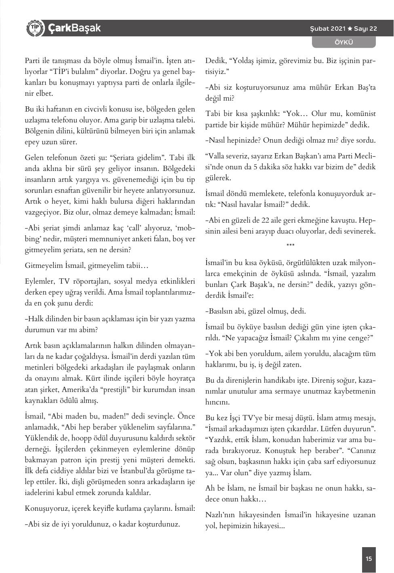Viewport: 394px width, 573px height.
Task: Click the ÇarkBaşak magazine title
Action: [74, 28]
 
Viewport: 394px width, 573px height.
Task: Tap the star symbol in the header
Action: [350, 29]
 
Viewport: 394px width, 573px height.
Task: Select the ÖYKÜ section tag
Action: [344, 42]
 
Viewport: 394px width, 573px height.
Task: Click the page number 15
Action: [369, 559]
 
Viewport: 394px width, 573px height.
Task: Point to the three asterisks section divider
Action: [290, 245]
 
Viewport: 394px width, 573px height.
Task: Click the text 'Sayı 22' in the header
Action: [365, 29]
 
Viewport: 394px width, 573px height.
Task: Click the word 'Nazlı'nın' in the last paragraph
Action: [219, 515]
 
